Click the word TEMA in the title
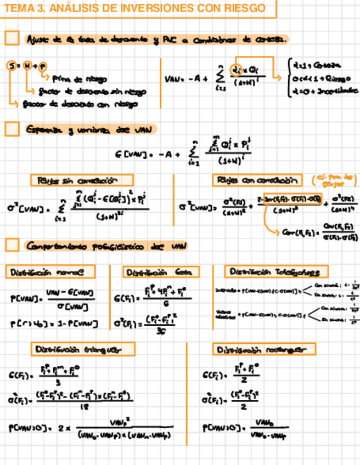17,8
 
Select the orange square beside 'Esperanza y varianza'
12,129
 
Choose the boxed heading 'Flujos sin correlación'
81,180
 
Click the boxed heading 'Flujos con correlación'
257,180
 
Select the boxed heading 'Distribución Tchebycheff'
276,271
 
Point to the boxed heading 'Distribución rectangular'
265,349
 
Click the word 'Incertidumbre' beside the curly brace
337,90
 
